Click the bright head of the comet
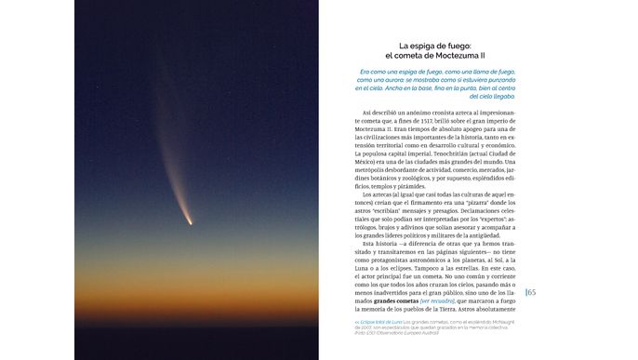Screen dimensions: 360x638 (191, 222)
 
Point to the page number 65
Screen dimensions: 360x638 (532, 293)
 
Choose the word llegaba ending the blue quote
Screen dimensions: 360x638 (497, 97)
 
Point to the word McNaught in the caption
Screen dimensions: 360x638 (502, 322)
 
